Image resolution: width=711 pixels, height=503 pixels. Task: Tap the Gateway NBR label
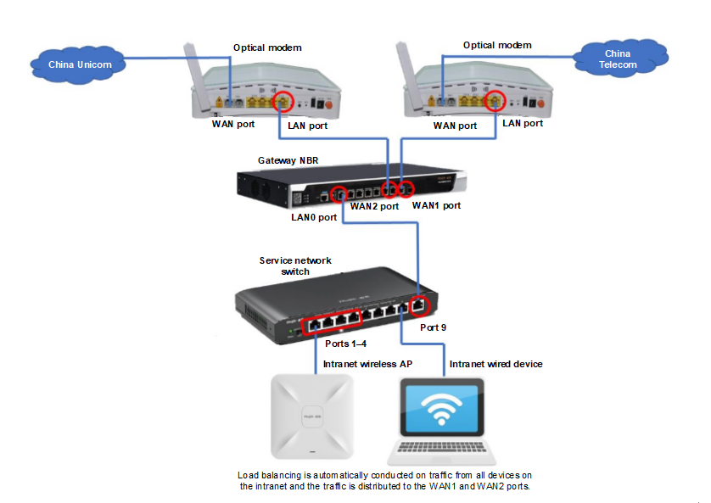pyautogui.click(x=288, y=159)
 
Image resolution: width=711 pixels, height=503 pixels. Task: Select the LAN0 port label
pyautogui.click(x=315, y=217)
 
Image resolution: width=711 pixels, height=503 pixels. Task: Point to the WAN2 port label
pyautogui.click(x=374, y=205)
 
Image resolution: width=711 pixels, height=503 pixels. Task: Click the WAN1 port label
pyautogui.click(x=436, y=205)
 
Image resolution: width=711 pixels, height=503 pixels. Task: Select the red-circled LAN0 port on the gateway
pyautogui.click(x=339, y=194)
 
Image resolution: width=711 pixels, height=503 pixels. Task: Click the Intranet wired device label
pyautogui.click(x=495, y=364)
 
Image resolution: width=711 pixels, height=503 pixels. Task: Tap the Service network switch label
pyautogui.click(x=296, y=265)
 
